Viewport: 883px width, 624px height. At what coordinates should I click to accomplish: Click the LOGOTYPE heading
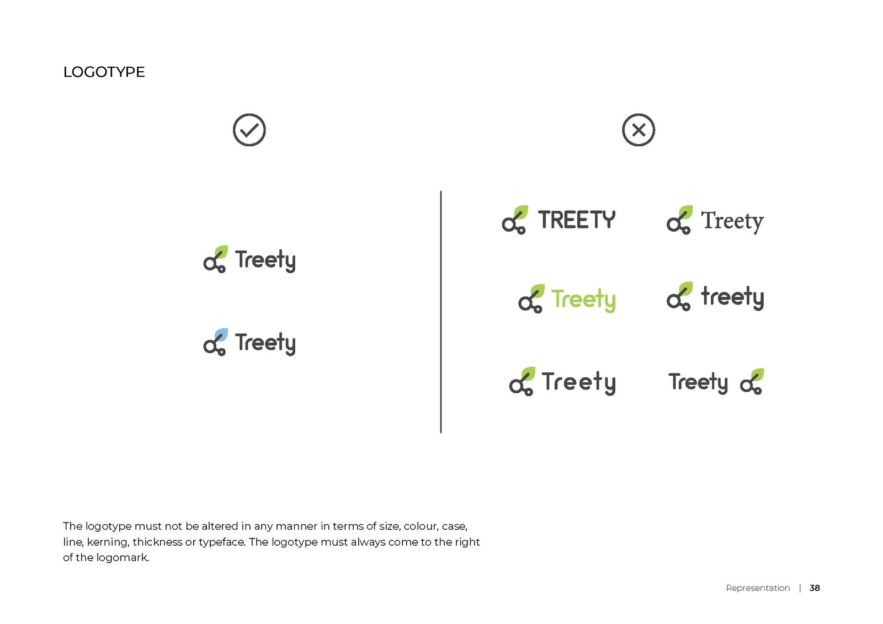(x=104, y=72)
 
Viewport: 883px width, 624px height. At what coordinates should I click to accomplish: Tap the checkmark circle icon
(x=249, y=130)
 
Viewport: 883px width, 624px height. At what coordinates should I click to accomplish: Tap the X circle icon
(x=639, y=130)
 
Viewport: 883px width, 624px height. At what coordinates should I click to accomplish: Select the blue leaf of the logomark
(x=221, y=334)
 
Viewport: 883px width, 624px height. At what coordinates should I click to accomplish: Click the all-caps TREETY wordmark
(x=577, y=220)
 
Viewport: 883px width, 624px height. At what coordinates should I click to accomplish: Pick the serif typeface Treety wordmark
(x=732, y=222)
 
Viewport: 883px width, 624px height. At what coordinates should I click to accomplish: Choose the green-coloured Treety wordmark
(x=583, y=300)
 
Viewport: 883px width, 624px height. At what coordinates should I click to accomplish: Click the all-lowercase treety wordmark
(x=732, y=297)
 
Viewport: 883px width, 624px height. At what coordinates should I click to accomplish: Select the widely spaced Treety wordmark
(x=578, y=382)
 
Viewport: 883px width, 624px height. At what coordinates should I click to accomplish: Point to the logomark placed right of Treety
(x=752, y=381)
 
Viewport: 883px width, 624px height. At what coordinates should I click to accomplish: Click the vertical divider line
(x=441, y=312)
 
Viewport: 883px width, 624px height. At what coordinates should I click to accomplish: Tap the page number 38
(x=815, y=588)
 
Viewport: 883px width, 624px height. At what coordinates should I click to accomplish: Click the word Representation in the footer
(x=758, y=588)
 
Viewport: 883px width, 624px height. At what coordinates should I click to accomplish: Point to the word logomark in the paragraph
(x=122, y=557)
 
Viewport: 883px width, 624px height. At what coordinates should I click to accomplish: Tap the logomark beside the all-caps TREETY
(x=515, y=220)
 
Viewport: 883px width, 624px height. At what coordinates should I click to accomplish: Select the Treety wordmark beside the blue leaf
(x=265, y=343)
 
